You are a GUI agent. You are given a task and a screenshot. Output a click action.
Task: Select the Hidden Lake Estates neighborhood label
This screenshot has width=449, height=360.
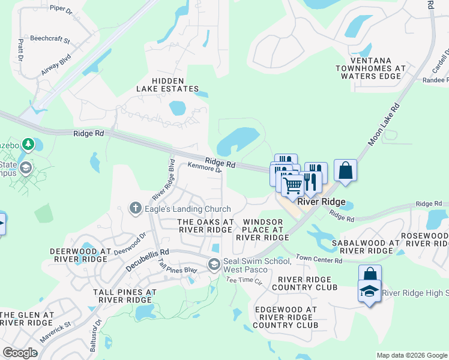167,85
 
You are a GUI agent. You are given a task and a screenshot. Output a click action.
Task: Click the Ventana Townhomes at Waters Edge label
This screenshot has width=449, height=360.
370,68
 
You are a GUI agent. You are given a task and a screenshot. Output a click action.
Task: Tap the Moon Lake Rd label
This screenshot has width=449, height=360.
384,124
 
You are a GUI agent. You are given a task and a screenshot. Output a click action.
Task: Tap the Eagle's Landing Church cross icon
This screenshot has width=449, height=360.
136,208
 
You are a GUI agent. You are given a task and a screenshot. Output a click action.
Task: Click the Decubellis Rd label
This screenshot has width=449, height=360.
146,261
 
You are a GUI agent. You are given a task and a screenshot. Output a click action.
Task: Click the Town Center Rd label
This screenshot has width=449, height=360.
318,260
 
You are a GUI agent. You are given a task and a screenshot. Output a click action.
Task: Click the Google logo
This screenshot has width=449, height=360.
20,352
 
